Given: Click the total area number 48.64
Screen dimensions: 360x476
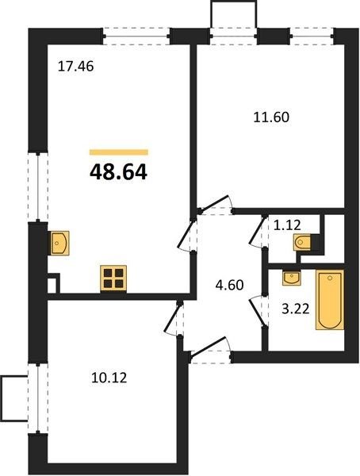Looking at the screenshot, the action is pyautogui.click(x=118, y=172).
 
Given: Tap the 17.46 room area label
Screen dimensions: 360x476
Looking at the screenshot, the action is pyautogui.click(x=76, y=67).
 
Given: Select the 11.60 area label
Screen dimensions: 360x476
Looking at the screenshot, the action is pyautogui.click(x=271, y=117).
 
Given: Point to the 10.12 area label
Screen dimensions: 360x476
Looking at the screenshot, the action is pyautogui.click(x=109, y=378).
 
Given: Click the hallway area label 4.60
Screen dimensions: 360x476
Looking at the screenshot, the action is pyautogui.click(x=229, y=286).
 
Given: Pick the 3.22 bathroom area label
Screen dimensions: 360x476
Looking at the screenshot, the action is pyautogui.click(x=295, y=309).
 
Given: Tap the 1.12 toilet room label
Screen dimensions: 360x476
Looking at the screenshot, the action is pyautogui.click(x=287, y=225).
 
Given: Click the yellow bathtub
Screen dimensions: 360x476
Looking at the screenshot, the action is pyautogui.click(x=330, y=300).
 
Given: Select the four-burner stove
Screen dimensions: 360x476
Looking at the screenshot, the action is pyautogui.click(x=113, y=278).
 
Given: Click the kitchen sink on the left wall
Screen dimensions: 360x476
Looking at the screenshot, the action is pyautogui.click(x=59, y=243).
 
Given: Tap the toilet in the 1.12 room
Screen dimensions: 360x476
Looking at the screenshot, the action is pyautogui.click(x=302, y=242).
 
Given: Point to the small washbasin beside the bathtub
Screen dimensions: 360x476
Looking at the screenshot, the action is pyautogui.click(x=291, y=278).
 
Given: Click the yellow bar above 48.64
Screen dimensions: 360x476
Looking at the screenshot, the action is pyautogui.click(x=119, y=152).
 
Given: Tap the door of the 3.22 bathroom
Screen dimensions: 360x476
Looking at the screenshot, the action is pyautogui.click(x=259, y=311).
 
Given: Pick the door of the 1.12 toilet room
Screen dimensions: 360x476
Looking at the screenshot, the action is pyautogui.click(x=258, y=232).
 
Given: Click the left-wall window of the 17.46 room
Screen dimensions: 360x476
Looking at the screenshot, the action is pyautogui.click(x=38, y=186).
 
